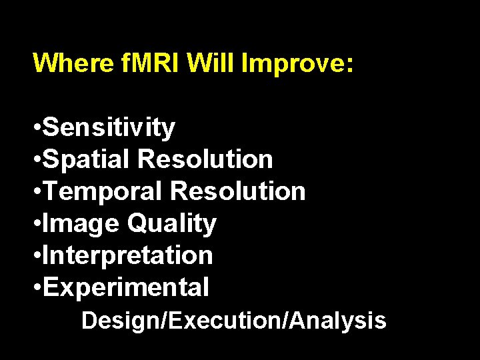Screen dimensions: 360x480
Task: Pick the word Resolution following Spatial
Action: click(205, 159)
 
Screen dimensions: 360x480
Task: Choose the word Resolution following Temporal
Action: click(238, 191)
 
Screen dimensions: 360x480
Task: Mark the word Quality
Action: click(171, 224)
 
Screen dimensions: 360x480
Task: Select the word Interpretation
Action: click(127, 255)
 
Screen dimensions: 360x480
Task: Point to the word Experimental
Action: click(125, 287)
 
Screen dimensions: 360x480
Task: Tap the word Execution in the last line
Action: click(227, 321)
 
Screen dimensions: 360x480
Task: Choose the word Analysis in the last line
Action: click(338, 321)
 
